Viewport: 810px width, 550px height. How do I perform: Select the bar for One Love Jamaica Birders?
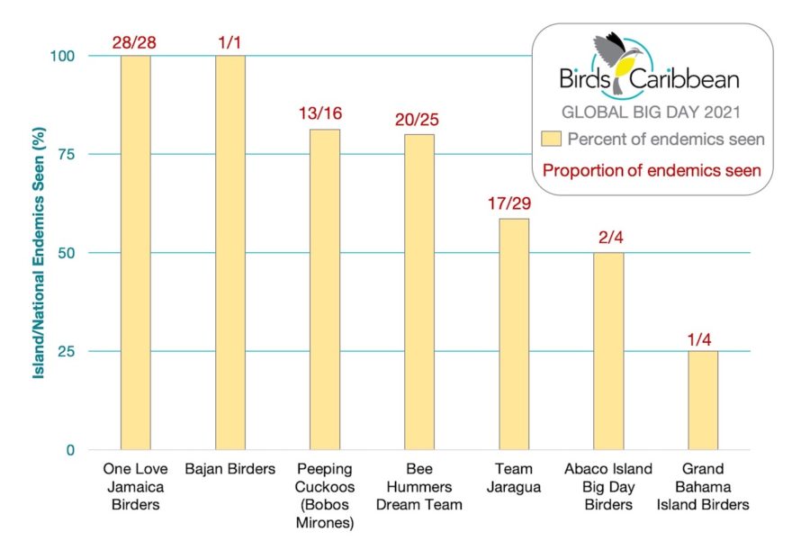(x=135, y=252)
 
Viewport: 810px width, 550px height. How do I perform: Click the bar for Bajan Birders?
(x=230, y=252)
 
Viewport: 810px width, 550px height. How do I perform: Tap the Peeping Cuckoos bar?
(x=325, y=289)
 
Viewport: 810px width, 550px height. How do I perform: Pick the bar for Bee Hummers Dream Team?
(x=419, y=292)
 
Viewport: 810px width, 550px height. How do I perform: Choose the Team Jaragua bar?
(x=514, y=334)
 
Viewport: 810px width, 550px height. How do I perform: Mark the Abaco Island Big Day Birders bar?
(x=608, y=351)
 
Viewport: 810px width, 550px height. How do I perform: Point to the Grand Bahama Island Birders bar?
(x=702, y=400)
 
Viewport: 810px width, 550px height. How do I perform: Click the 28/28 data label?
(x=135, y=41)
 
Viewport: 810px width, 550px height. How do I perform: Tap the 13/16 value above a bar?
(x=325, y=114)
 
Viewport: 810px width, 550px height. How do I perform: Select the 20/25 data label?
(x=419, y=120)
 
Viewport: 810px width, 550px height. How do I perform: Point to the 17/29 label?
(x=514, y=204)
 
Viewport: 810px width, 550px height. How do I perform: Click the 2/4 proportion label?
(x=608, y=239)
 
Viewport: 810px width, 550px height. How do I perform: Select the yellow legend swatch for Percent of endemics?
(x=550, y=139)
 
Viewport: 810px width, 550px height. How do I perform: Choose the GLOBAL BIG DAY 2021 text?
(x=651, y=113)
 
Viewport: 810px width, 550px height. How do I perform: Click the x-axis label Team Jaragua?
(x=514, y=478)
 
